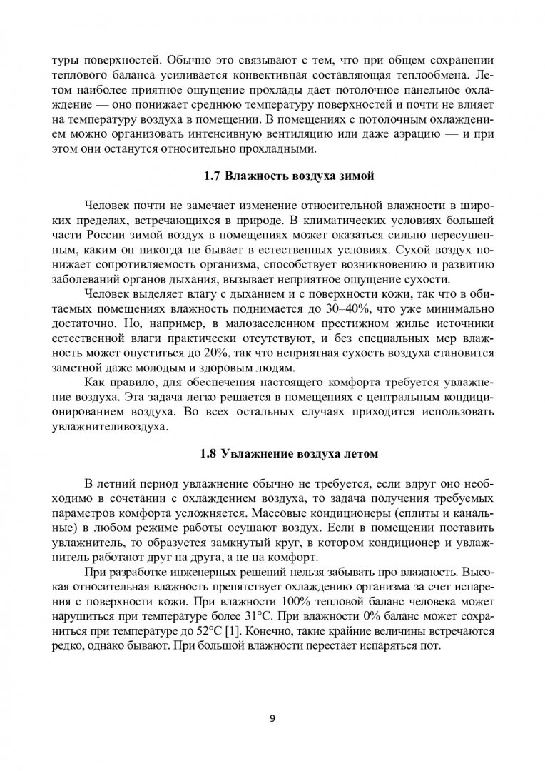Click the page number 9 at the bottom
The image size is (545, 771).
pyautogui.click(x=272, y=718)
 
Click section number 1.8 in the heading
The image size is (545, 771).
pyautogui.click(x=210, y=453)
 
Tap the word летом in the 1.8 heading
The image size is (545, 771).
pyautogui.click(x=358, y=453)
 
